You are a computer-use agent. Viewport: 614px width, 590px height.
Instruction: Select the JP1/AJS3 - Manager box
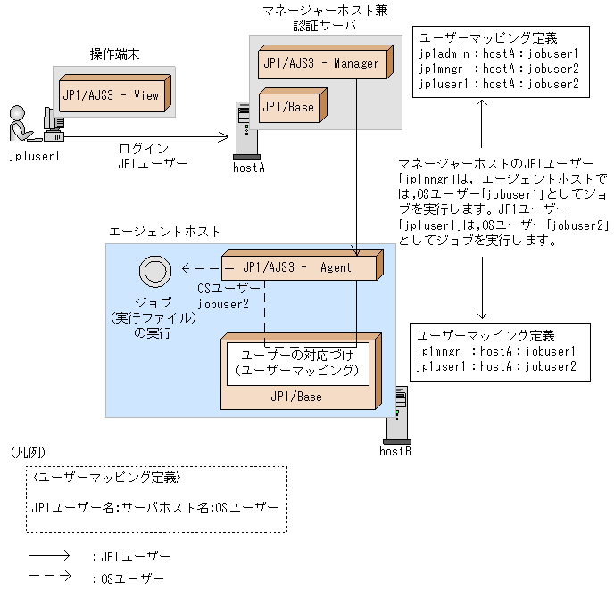pyautogui.click(x=320, y=63)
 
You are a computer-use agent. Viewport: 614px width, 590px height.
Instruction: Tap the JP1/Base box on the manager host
pyautogui.click(x=288, y=107)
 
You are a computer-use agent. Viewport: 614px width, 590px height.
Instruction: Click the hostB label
pyautogui.click(x=394, y=450)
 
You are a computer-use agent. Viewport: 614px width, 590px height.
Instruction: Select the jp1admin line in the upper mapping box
pyautogui.click(x=499, y=53)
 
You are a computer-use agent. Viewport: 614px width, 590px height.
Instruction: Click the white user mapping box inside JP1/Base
pyautogui.click(x=297, y=363)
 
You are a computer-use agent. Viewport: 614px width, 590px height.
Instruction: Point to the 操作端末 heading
pyautogui.click(x=114, y=55)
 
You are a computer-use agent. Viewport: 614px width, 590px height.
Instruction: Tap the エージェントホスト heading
pyautogui.click(x=164, y=231)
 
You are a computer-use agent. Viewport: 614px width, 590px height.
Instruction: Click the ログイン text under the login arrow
pyautogui.click(x=144, y=148)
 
